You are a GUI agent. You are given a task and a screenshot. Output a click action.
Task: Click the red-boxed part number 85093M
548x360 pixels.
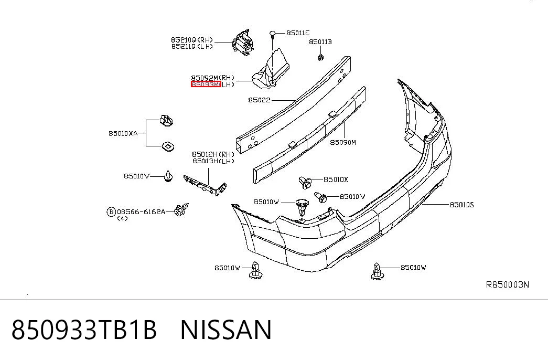coord(206,84)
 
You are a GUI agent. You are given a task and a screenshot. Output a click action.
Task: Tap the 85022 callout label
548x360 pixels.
coord(260,100)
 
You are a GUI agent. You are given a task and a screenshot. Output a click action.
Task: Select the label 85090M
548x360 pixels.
coord(343,142)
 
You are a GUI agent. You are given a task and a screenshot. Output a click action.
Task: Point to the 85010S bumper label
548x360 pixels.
coord(461,205)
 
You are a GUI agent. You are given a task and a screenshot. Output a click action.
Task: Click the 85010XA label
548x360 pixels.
coord(123,133)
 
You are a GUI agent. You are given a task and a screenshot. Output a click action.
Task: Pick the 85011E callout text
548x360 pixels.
coord(298,33)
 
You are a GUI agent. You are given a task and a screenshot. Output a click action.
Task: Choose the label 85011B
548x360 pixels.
coord(320,42)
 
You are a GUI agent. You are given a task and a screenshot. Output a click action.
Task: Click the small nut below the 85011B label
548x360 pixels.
coord(320,57)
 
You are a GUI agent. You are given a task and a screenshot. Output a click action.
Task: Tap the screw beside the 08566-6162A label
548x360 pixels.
coord(182,209)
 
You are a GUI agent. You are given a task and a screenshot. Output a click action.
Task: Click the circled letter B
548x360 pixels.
coord(111,211)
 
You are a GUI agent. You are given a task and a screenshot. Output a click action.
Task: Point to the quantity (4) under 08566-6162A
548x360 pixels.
coord(122,219)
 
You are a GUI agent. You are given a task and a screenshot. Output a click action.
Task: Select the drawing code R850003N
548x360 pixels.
coord(508,284)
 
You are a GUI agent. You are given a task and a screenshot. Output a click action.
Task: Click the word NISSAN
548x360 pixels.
coord(226,330)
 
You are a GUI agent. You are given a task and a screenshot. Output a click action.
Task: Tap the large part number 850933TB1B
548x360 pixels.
coord(84,330)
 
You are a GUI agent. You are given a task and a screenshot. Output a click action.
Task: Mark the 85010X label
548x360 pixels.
coord(336,179)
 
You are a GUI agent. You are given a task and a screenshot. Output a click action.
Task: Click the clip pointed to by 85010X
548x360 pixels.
coord(305,182)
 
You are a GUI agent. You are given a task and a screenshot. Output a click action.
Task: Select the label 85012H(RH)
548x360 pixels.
coord(213,154)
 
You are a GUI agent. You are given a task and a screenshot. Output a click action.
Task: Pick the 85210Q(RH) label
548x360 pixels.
coord(192,40)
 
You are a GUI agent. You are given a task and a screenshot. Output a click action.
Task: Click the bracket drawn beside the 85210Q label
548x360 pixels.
coord(242,43)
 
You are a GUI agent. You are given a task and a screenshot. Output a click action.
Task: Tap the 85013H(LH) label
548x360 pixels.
coord(213,161)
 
